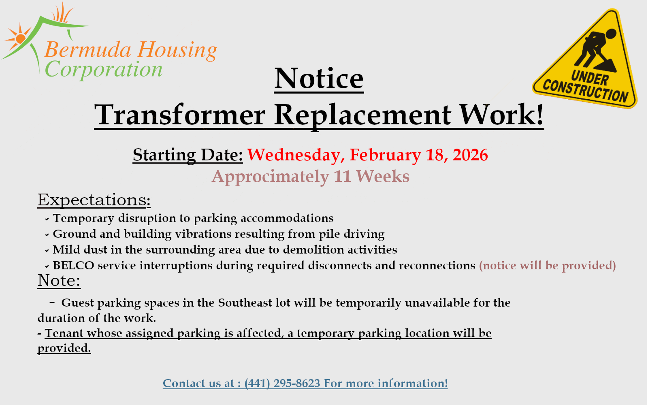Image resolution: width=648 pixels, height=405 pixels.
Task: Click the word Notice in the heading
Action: [x=319, y=79]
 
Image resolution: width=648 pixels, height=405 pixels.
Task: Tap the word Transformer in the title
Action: [x=180, y=115]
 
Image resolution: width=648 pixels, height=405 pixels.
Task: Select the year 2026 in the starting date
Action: [x=470, y=155]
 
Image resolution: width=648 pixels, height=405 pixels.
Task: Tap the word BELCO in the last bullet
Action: [x=73, y=266]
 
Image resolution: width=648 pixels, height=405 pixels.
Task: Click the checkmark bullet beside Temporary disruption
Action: [x=47, y=219]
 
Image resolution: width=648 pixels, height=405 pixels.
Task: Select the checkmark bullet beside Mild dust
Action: [x=47, y=251]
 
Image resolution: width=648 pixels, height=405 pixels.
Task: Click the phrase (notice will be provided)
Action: [x=547, y=266]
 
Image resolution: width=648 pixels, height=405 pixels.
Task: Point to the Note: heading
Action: [x=59, y=280]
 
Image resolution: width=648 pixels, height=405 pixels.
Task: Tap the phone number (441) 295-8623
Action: [x=282, y=383]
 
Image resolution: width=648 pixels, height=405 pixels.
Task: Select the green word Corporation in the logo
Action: [x=104, y=70]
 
